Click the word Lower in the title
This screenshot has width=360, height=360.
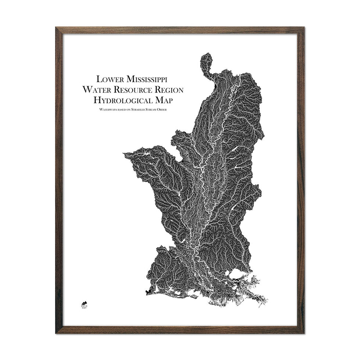[109, 79]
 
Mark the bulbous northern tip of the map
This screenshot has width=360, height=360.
[206, 61]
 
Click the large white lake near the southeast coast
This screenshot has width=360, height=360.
[236, 274]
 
